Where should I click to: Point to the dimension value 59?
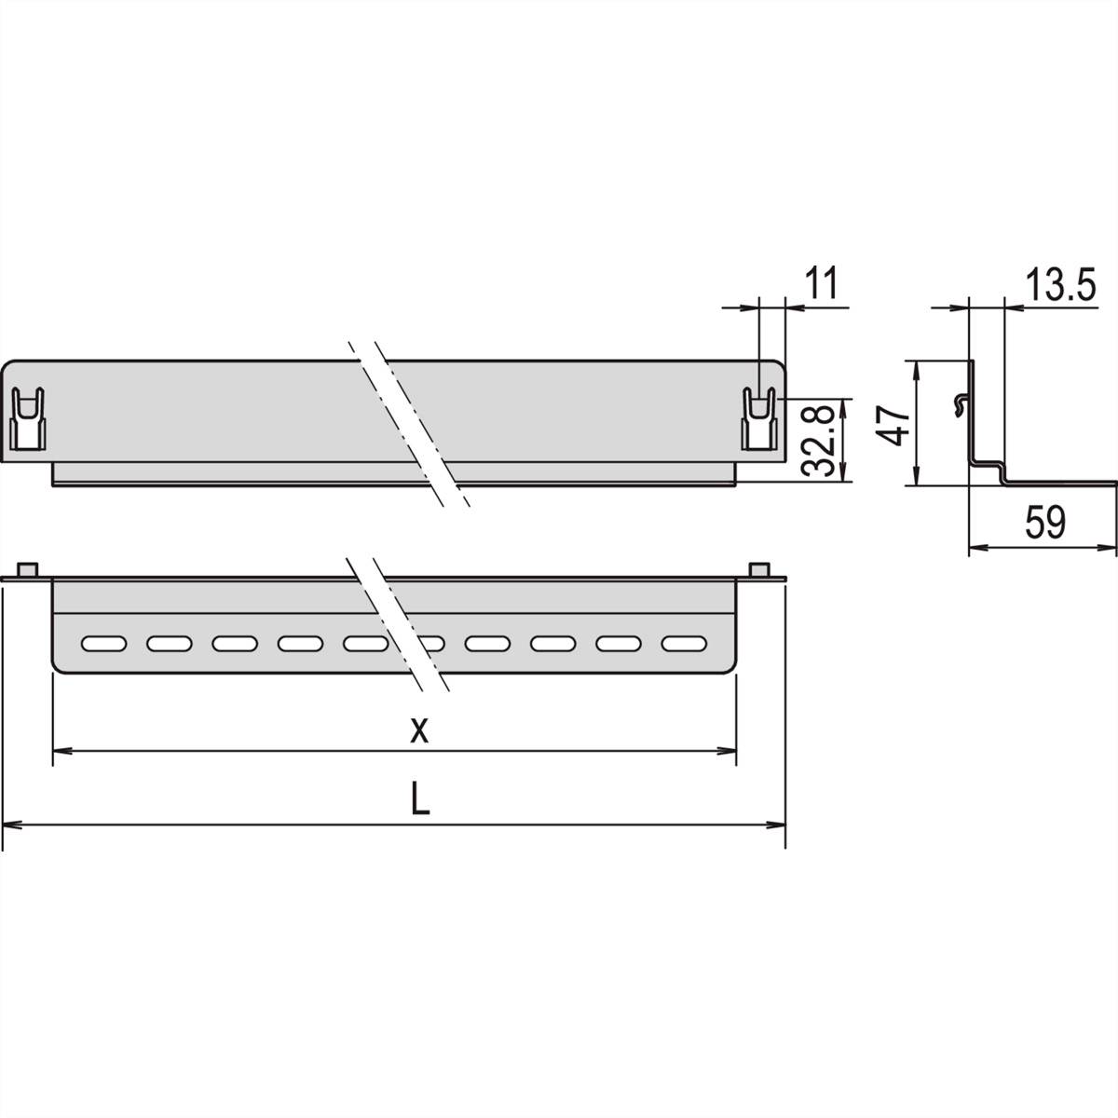click(x=1044, y=523)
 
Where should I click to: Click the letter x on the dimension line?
click(x=420, y=730)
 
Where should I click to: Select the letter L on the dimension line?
click(x=421, y=800)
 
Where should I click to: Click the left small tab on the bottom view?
click(x=28, y=594)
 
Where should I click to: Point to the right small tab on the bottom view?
click(x=760, y=594)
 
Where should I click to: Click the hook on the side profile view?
click(x=961, y=402)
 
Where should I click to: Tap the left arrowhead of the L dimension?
click(x=11, y=824)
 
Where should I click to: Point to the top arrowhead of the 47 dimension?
click(x=918, y=368)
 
